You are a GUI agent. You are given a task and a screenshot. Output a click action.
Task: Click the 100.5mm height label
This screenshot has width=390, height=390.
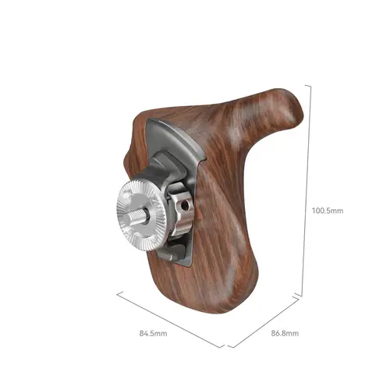[x=328, y=211]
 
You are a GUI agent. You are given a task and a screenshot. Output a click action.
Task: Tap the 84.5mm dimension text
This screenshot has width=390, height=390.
[x=153, y=333]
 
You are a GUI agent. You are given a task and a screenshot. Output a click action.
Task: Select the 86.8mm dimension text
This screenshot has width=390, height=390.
[x=285, y=333]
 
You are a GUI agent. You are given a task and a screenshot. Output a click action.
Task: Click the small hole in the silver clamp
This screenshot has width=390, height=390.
[x=185, y=206]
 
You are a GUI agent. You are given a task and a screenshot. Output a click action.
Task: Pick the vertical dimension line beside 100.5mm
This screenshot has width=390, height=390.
[x=307, y=190]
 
